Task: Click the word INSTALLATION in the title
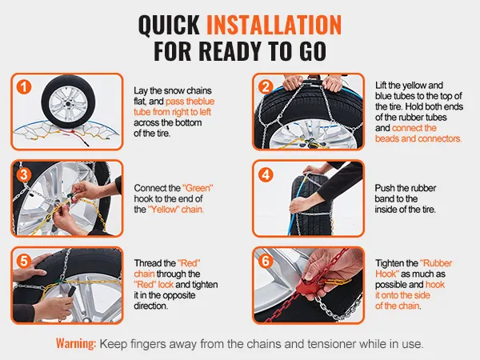(274, 25)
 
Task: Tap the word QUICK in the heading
(169, 25)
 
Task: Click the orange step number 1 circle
(24, 87)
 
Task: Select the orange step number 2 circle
(266, 87)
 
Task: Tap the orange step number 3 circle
(24, 175)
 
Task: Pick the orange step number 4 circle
(266, 175)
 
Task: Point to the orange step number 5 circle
(24, 262)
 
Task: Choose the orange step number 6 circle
(266, 262)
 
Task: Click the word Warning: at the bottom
(76, 343)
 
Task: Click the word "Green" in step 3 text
(198, 188)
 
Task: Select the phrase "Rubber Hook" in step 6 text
(414, 269)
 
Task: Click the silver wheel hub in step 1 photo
(68, 102)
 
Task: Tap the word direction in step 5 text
(150, 306)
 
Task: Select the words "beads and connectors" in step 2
(418, 138)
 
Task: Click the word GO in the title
(313, 51)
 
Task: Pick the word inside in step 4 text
(389, 210)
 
